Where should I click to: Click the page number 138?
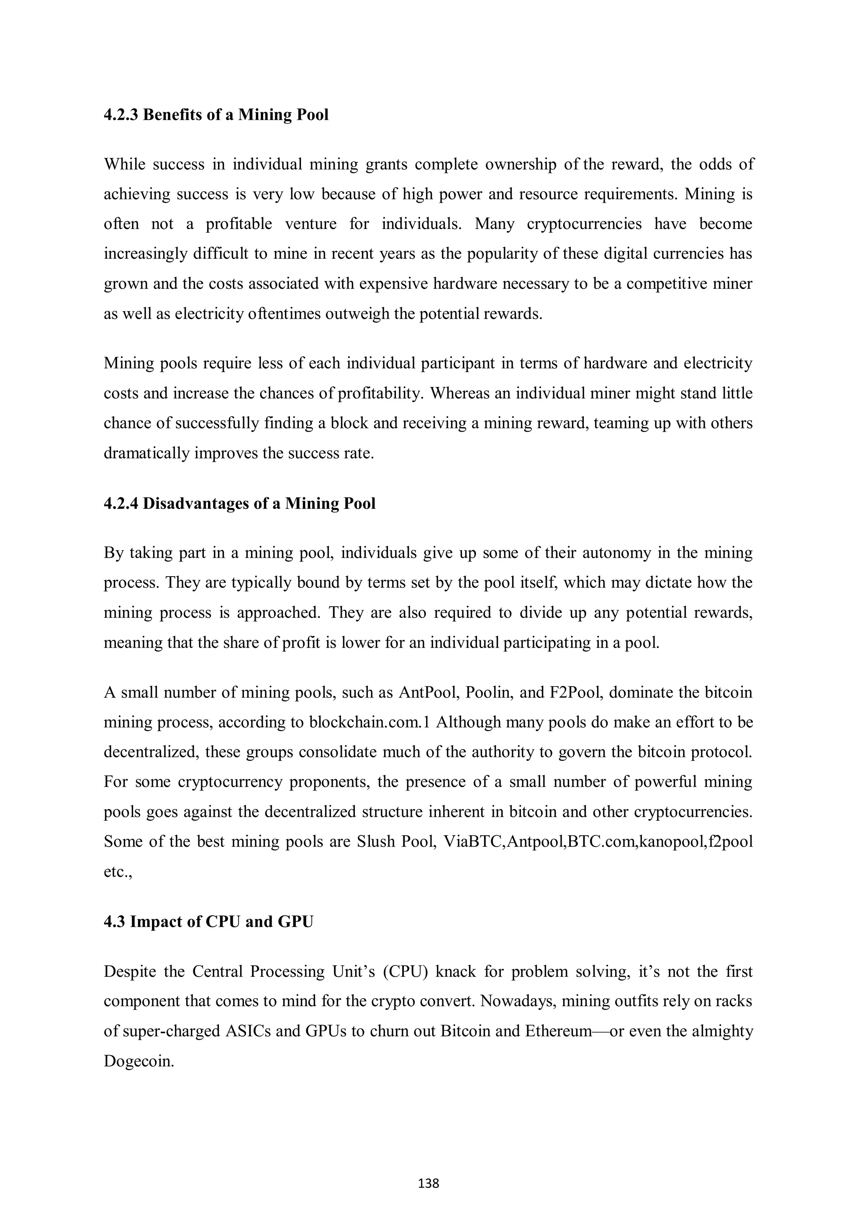tap(428, 1183)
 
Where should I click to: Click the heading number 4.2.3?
tap(121, 115)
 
